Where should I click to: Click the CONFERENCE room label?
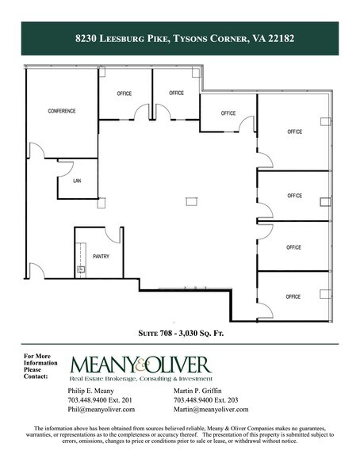pos(62,111)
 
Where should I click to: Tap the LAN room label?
pos(77,181)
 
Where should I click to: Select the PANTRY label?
pos(101,257)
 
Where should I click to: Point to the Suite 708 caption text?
pos(179,334)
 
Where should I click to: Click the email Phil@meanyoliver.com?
pos(101,410)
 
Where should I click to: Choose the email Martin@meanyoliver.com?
pos(211,410)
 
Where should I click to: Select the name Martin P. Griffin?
pos(201,391)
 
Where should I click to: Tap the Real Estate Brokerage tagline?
pos(141,380)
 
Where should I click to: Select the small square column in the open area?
pos(190,202)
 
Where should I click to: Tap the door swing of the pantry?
pos(113,235)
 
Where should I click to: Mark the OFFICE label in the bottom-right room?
pos(293,296)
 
